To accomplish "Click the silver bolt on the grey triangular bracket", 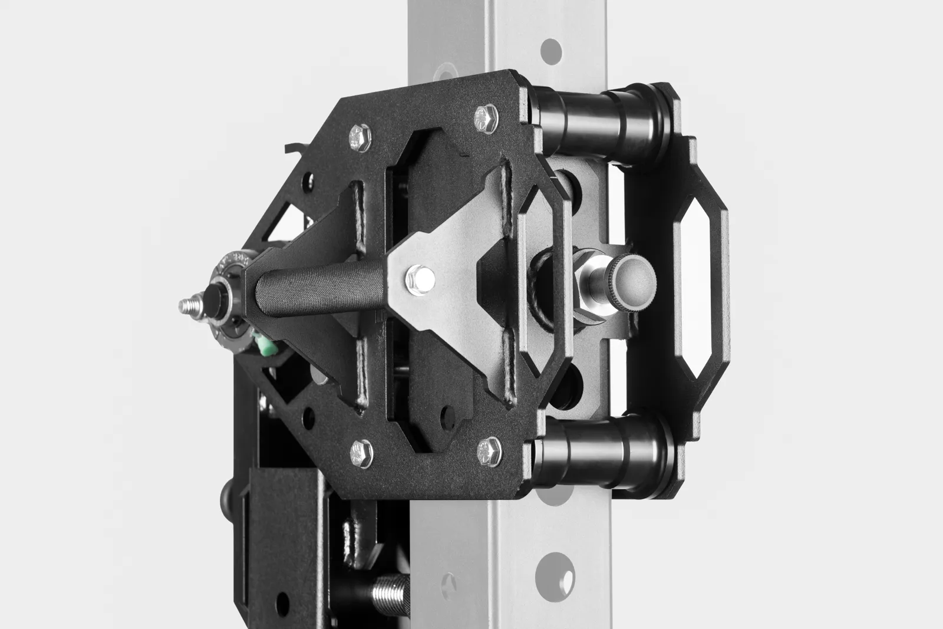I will click(420, 278).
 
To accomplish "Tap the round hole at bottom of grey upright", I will click(553, 569).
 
